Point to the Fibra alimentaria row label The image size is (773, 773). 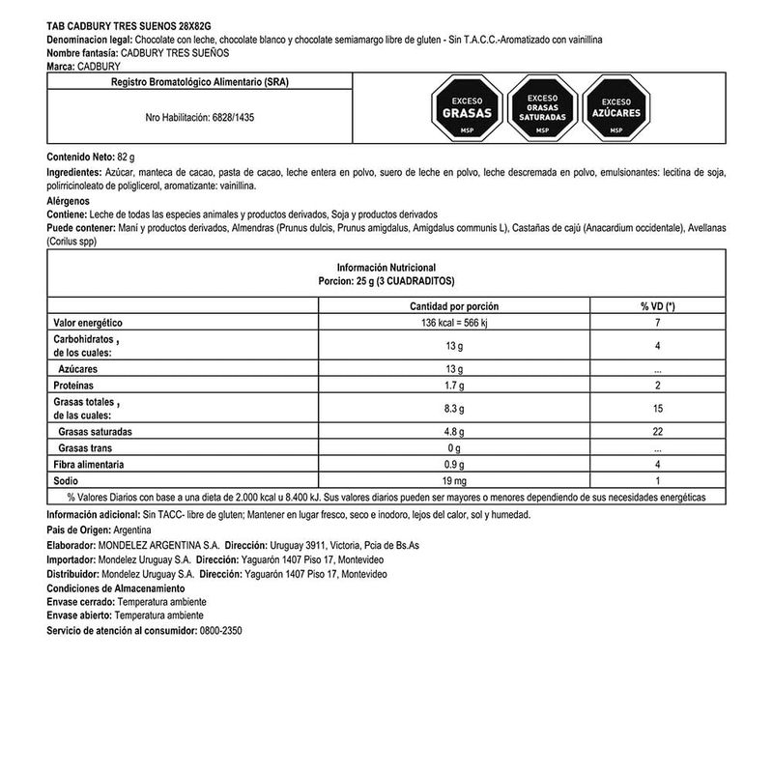coord(89,464)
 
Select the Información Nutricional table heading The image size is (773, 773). coord(386,266)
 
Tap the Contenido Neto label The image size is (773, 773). coord(80,156)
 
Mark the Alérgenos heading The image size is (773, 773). coord(72,200)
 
